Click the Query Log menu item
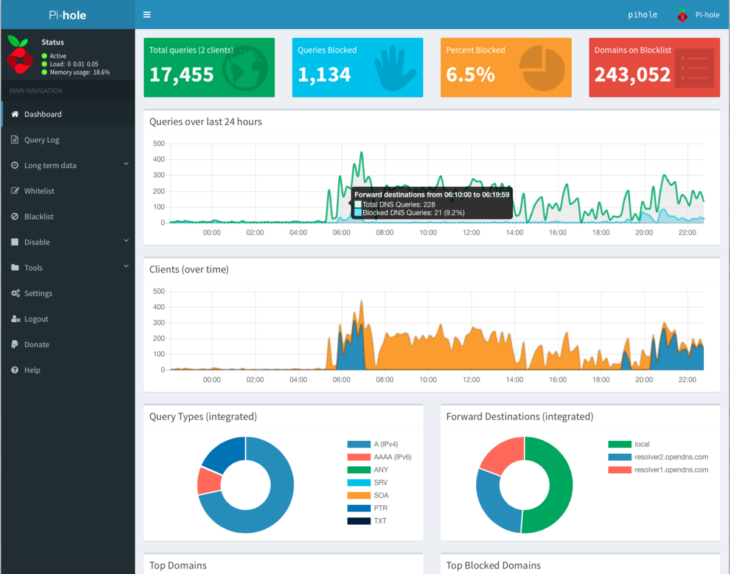click(41, 140)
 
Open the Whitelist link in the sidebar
click(39, 191)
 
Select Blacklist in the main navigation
click(39, 216)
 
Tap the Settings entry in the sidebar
click(38, 293)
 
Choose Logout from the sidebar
click(36, 319)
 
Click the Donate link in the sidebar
click(36, 344)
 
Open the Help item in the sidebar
click(32, 370)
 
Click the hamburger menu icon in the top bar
click(147, 15)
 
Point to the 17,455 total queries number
click(181, 74)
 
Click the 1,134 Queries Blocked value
click(324, 74)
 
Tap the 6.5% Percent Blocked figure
click(470, 74)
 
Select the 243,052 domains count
click(632, 74)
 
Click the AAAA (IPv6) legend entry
click(392, 457)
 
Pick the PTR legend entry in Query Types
click(381, 508)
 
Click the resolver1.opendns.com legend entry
click(670, 470)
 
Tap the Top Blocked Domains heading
click(493, 565)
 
